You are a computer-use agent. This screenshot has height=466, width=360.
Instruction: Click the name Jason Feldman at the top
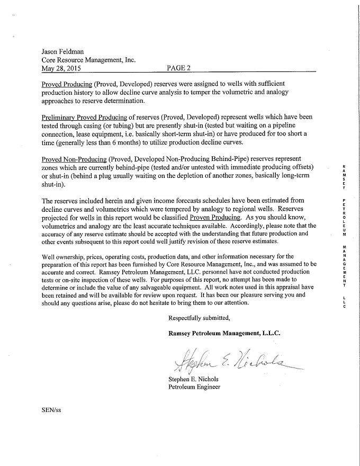tap(63, 52)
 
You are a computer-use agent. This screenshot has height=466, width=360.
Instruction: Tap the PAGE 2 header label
tap(178, 68)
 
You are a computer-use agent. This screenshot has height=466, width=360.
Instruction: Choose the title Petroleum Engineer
tap(194, 387)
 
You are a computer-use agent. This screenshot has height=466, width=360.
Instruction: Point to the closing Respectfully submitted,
tap(199, 318)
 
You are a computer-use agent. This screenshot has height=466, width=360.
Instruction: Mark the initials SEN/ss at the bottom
tap(51, 410)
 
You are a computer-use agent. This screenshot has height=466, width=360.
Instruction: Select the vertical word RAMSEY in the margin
tap(344, 177)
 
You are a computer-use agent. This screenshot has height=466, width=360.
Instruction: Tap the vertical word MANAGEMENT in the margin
tap(344, 266)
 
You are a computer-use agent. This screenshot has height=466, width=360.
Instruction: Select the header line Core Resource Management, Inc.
tap(88, 60)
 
